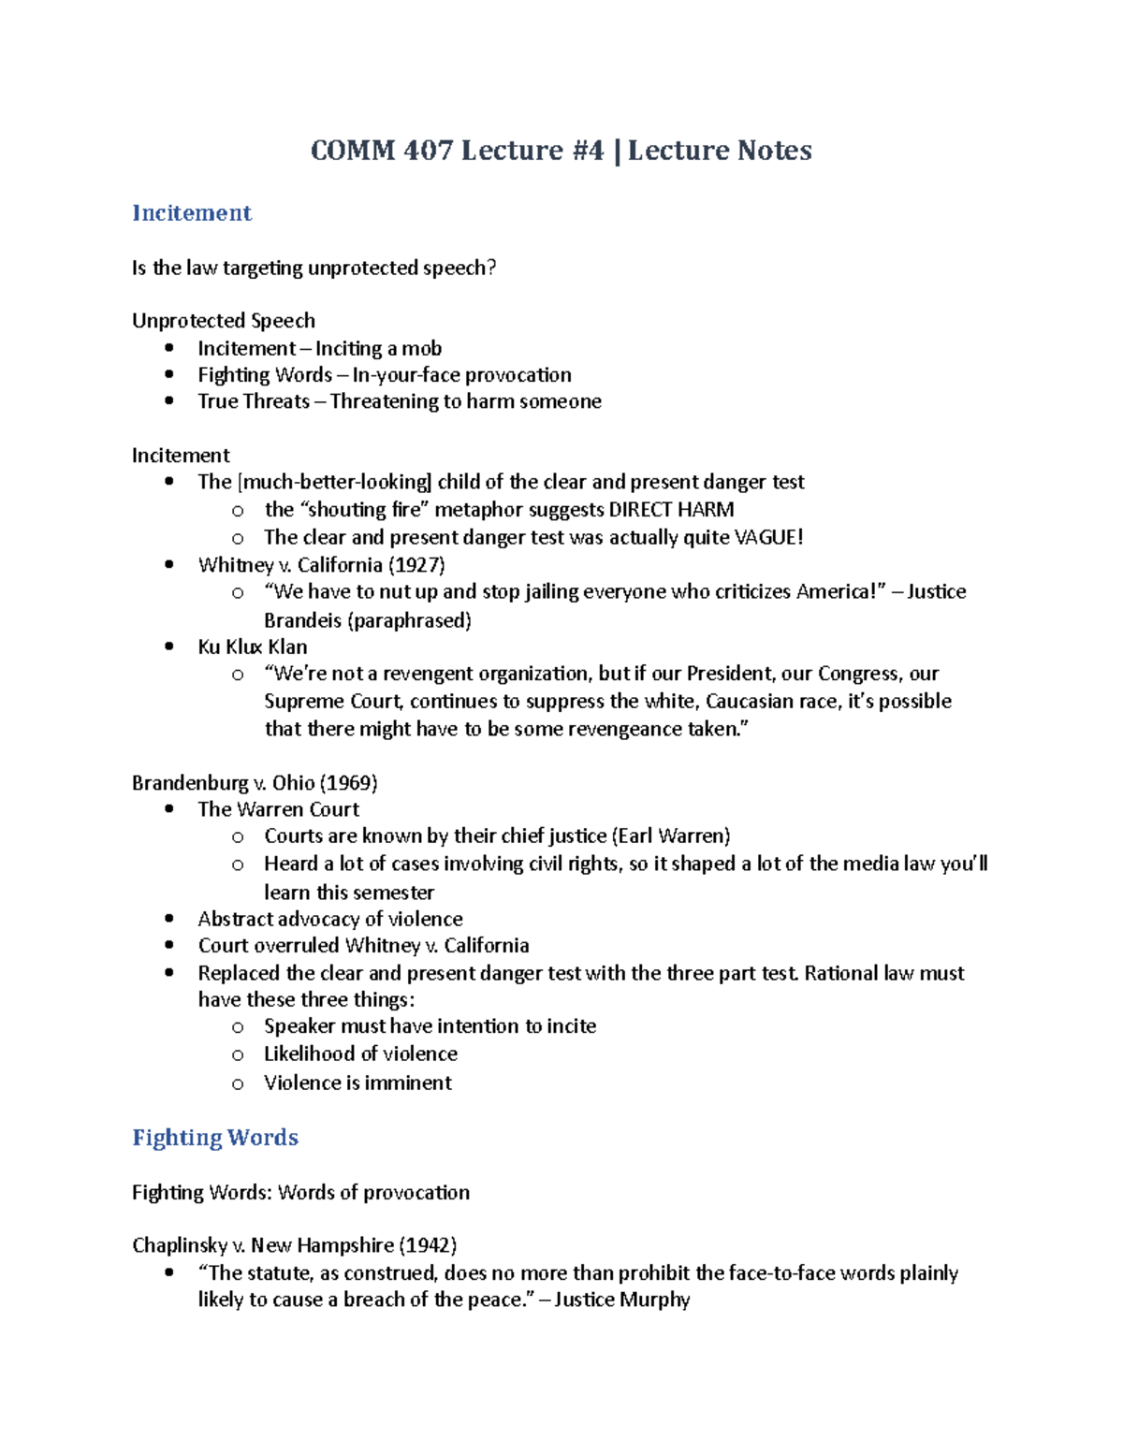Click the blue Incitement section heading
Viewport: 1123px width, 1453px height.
click(192, 213)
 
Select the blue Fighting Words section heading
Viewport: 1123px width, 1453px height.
click(215, 1138)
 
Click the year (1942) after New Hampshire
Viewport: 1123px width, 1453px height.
click(428, 1245)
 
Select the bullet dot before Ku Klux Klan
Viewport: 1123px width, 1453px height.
click(169, 647)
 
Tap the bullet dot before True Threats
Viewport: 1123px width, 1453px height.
click(169, 401)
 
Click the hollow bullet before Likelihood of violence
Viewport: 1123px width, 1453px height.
click(238, 1054)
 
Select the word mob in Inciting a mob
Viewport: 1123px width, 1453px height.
click(422, 349)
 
